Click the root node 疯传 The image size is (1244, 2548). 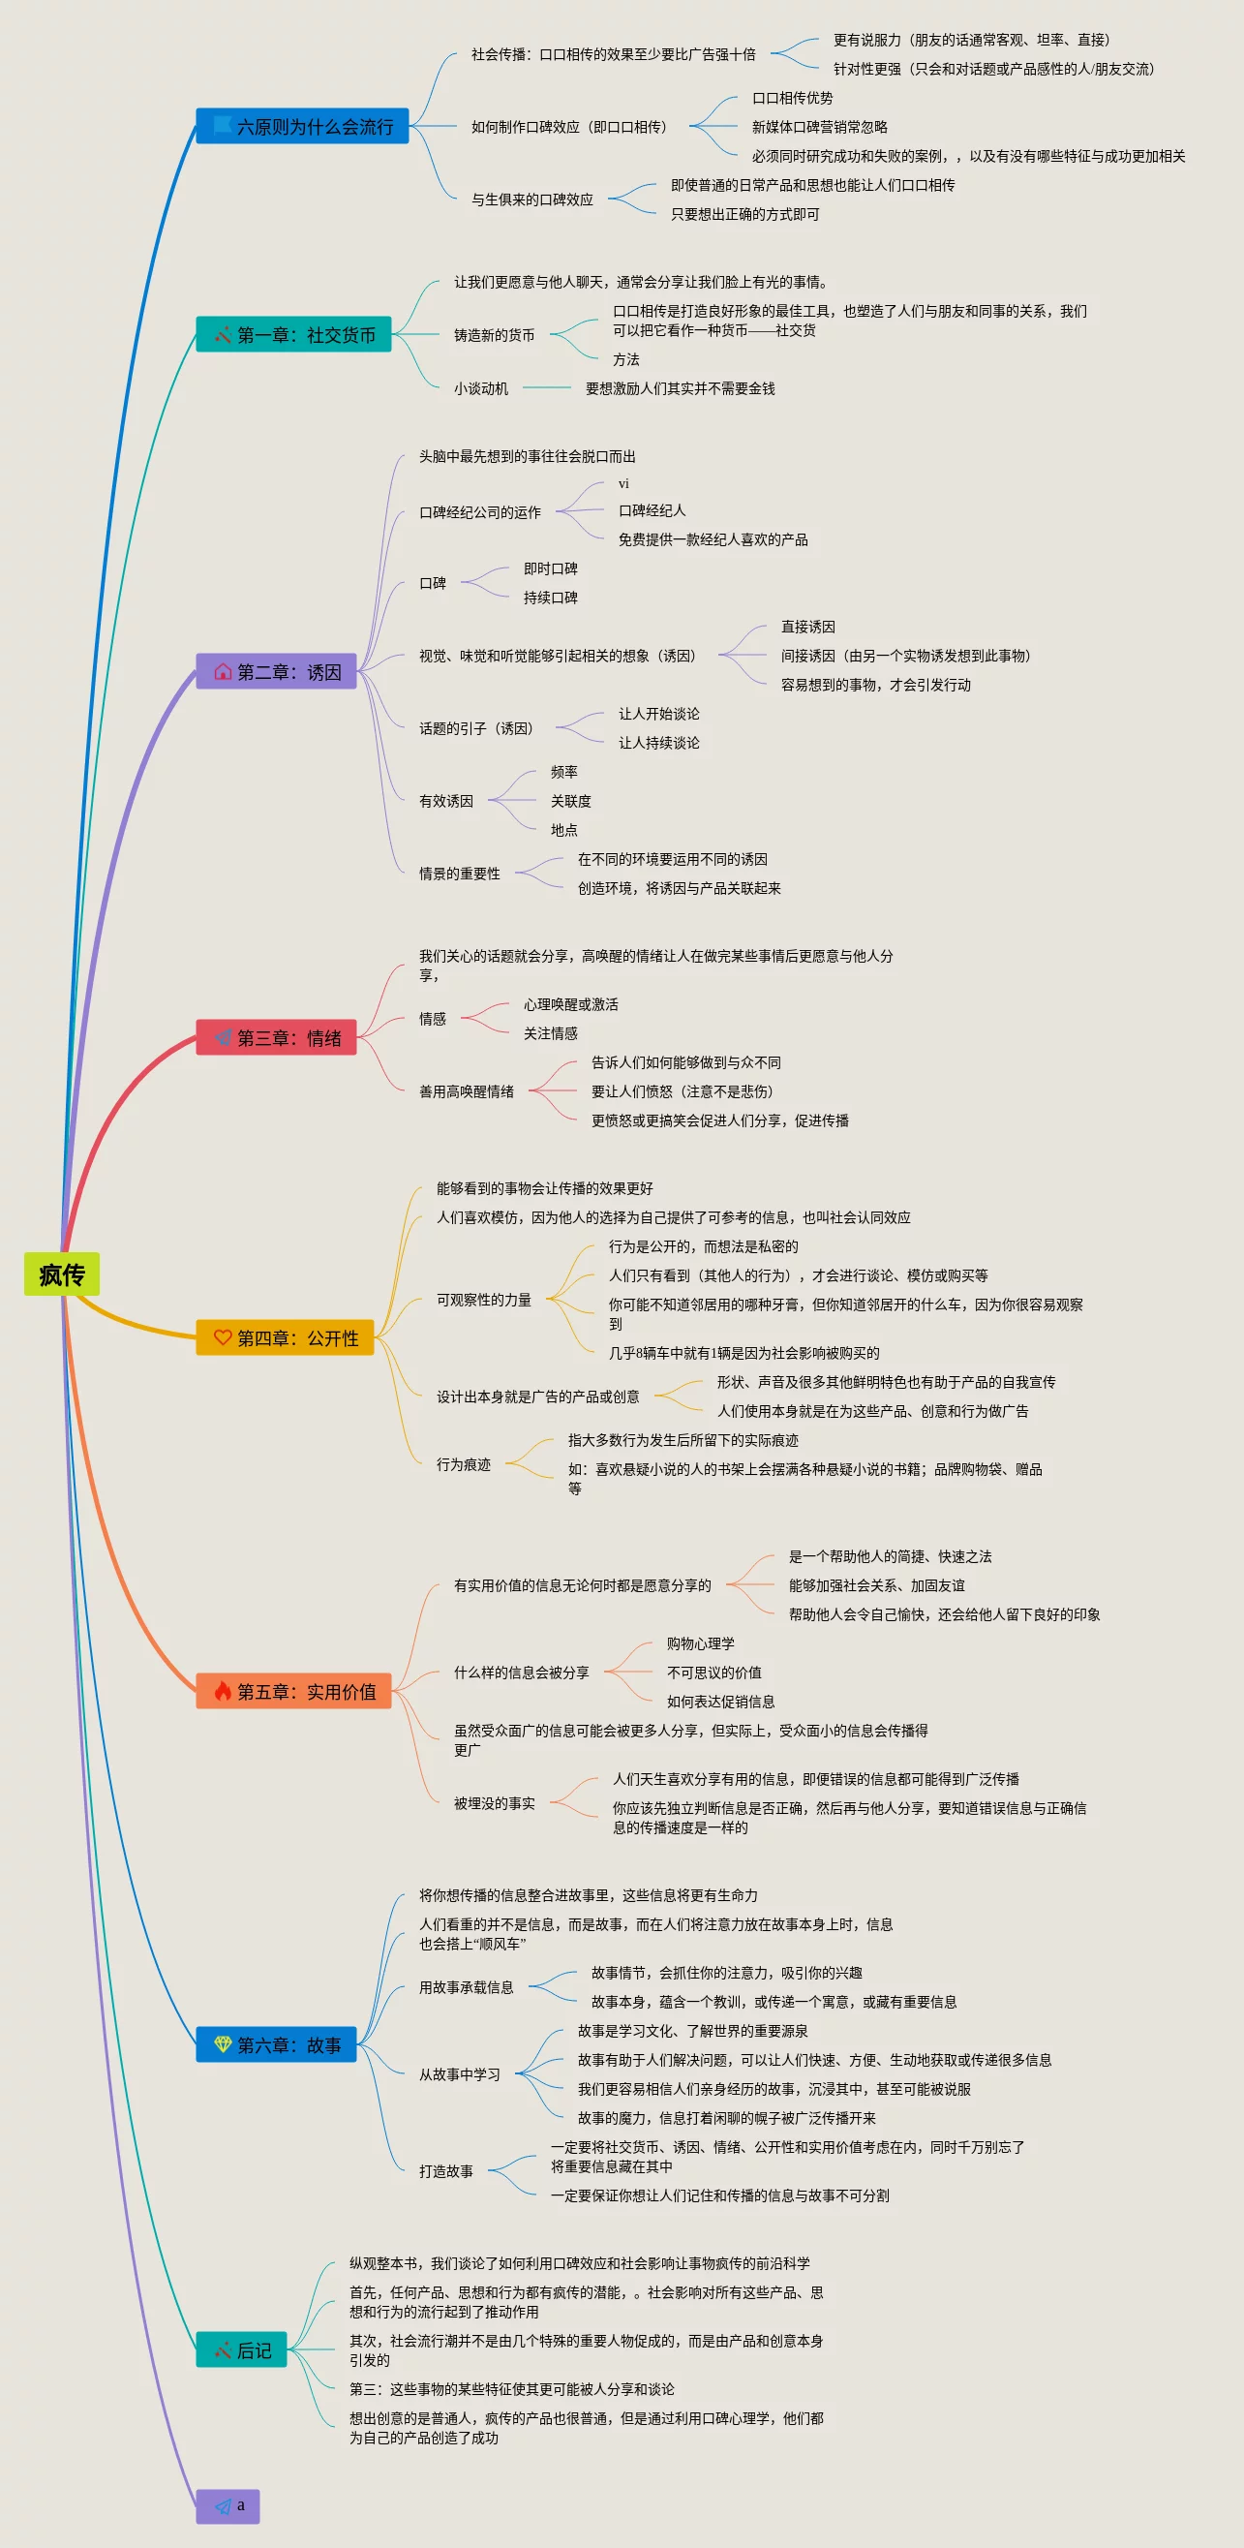pyautogui.click(x=61, y=1274)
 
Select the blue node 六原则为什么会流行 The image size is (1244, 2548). pyautogui.click(x=302, y=127)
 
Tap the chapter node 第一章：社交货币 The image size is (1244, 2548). pyautogui.click(x=293, y=334)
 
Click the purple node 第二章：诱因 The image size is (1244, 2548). pyautogui.click(x=276, y=671)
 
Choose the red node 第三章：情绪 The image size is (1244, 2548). pyautogui.click(x=276, y=1037)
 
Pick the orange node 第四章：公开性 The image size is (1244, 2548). pyautogui.click(x=285, y=1337)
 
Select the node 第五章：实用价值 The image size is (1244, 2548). pyautogui.click(x=293, y=1692)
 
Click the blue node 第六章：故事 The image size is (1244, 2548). pyautogui.click(x=276, y=2044)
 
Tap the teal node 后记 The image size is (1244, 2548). pyautogui.click(x=241, y=2350)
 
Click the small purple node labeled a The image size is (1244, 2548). pyautogui.click(x=228, y=2505)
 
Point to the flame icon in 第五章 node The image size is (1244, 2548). pyautogui.click(x=223, y=1692)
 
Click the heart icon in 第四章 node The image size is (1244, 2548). pyautogui.click(x=223, y=1337)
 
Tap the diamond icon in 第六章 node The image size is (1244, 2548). pyautogui.click(x=223, y=2044)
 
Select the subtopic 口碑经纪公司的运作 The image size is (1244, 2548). pyautogui.click(x=479, y=512)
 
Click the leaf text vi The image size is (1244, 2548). pyautogui.click(x=623, y=483)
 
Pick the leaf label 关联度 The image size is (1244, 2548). pyautogui.click(x=570, y=801)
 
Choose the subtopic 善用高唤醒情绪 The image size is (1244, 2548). pyautogui.click(x=466, y=1091)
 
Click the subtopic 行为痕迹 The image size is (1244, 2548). pyautogui.click(x=463, y=1464)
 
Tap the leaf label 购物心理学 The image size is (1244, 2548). pyautogui.click(x=700, y=1643)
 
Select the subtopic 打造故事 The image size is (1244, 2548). pyautogui.click(x=446, y=2171)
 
